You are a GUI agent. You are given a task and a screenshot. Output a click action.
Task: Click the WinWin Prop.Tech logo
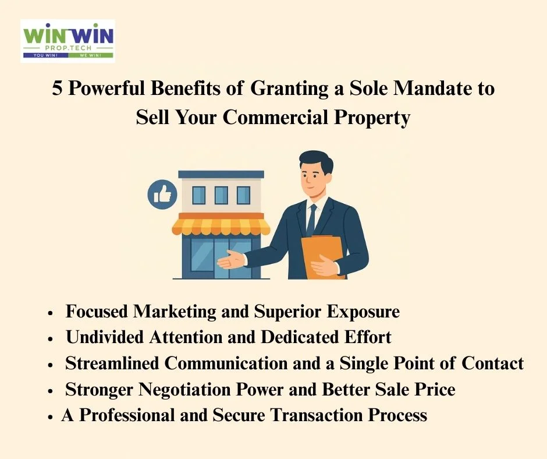(68, 41)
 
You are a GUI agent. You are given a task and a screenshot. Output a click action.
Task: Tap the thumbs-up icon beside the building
(162, 195)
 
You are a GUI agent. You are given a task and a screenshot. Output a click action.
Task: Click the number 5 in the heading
(57, 87)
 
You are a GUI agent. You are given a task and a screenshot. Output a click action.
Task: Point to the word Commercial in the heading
(276, 116)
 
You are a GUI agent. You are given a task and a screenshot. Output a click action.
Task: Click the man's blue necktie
(311, 220)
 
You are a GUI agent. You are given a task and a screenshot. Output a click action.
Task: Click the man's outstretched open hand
(231, 260)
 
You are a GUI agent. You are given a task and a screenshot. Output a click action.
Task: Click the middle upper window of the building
(221, 195)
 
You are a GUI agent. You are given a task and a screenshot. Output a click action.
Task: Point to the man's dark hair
(317, 160)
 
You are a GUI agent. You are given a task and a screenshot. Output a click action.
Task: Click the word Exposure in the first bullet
(363, 312)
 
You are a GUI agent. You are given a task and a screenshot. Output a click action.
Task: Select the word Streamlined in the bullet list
(112, 363)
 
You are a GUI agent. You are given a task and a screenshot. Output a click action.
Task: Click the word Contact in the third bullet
(492, 363)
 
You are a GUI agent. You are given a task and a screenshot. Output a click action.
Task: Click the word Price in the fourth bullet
(435, 390)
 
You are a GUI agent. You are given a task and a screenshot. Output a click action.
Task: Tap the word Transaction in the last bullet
(317, 415)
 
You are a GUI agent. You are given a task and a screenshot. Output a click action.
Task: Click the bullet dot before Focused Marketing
(51, 313)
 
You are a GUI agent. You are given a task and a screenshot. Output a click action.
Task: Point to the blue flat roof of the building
(221, 174)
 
